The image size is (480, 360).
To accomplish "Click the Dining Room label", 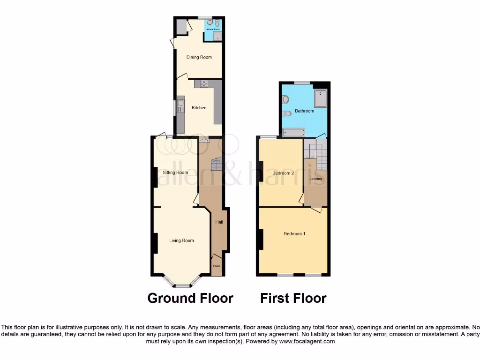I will coord(199,57).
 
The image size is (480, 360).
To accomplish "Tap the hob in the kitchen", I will coord(204,84).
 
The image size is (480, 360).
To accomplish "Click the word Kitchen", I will coord(199,108).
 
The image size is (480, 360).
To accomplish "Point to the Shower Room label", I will coord(213,29).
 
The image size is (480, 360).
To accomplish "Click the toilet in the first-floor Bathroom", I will coord(286,113).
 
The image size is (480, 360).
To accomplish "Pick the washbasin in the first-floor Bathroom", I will coord(285,99).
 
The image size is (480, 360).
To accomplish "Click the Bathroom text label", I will coord(304,111).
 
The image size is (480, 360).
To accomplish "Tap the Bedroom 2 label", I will coord(283,173).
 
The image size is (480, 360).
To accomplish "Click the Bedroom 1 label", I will coord(294,233).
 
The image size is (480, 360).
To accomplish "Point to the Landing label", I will coord(315,179).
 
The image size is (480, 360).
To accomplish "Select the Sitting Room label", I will coord(175,172).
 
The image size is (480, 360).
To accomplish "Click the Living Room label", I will coord(181,240).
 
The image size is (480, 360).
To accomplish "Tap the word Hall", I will coord(219,222).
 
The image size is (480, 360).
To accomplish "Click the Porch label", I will coord(216,266).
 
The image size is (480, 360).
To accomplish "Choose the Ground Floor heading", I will coord(190,298).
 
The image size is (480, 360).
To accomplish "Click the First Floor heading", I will coord(293,298).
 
